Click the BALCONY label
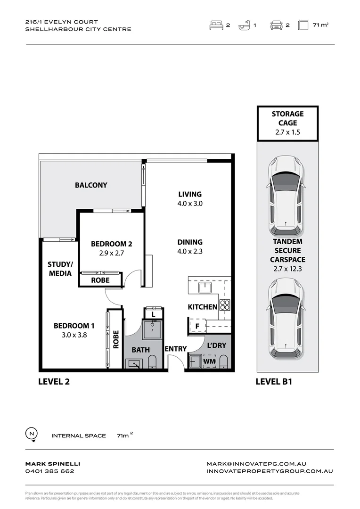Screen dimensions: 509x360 tap(91, 185)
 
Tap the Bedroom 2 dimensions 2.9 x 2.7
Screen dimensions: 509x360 tap(111, 253)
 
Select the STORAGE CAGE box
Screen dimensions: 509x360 tap(287, 123)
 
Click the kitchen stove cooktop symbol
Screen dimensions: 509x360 tap(224, 304)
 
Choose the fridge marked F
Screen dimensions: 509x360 tap(196, 326)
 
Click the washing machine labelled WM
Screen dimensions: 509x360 tap(209, 362)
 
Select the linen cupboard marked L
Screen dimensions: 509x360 tap(153, 313)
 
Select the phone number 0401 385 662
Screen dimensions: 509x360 tap(49, 471)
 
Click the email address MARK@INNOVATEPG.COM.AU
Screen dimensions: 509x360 tap(256, 464)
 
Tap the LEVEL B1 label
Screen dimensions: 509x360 tap(274, 382)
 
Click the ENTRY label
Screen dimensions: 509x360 tap(175, 349)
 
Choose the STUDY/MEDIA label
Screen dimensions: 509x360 tap(60, 269)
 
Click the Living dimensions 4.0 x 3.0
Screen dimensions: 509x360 tap(190, 204)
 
